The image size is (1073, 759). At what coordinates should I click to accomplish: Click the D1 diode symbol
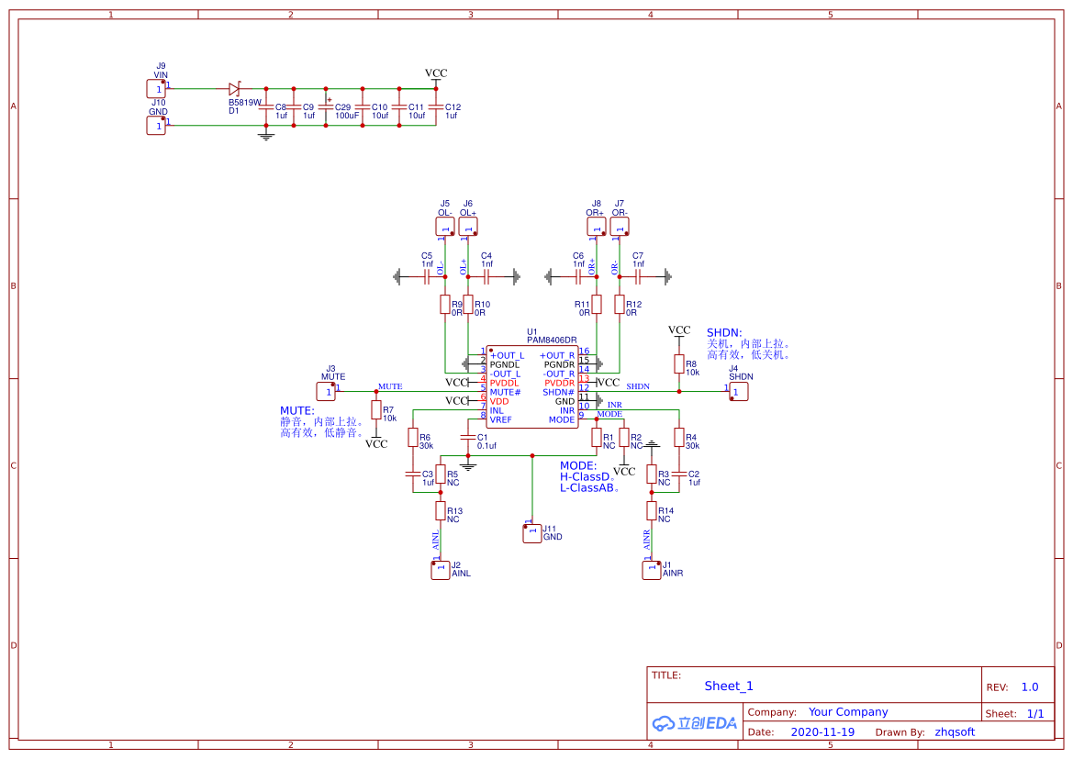point(234,89)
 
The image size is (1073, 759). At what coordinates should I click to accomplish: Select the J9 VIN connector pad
point(156,89)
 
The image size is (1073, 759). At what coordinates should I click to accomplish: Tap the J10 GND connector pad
point(156,125)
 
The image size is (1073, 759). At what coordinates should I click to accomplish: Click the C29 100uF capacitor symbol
point(327,106)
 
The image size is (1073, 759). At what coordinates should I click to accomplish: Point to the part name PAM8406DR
point(552,340)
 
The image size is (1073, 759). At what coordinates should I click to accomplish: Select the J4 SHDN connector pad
point(739,391)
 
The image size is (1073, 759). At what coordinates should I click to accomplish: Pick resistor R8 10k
point(679,365)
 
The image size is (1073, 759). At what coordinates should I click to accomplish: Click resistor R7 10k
point(375,409)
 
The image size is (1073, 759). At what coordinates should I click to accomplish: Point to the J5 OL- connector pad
point(444,227)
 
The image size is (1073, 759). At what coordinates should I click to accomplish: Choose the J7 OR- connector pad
point(620,227)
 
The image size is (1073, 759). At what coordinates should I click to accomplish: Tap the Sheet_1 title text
point(729,686)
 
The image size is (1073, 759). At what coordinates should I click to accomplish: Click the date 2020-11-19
point(822,732)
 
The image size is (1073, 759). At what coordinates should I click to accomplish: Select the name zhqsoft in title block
point(955,732)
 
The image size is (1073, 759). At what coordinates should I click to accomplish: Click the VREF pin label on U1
point(501,419)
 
